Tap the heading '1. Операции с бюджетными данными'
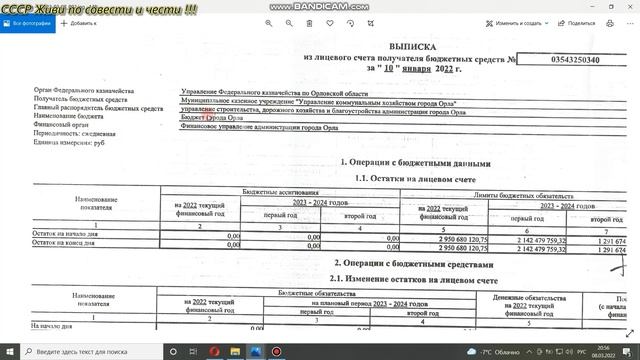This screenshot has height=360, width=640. (x=416, y=162)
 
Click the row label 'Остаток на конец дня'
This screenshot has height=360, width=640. (x=62, y=242)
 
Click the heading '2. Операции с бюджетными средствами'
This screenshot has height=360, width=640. (x=414, y=264)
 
